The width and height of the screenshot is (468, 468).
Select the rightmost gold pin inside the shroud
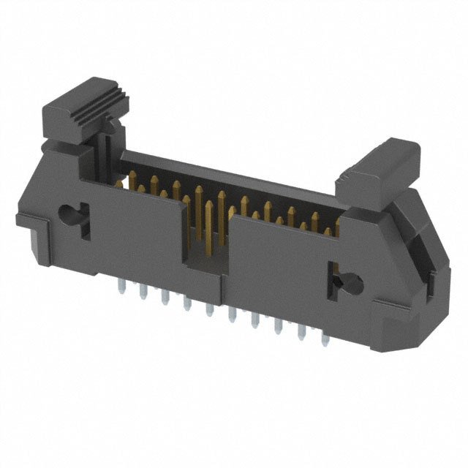(x=328, y=233)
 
